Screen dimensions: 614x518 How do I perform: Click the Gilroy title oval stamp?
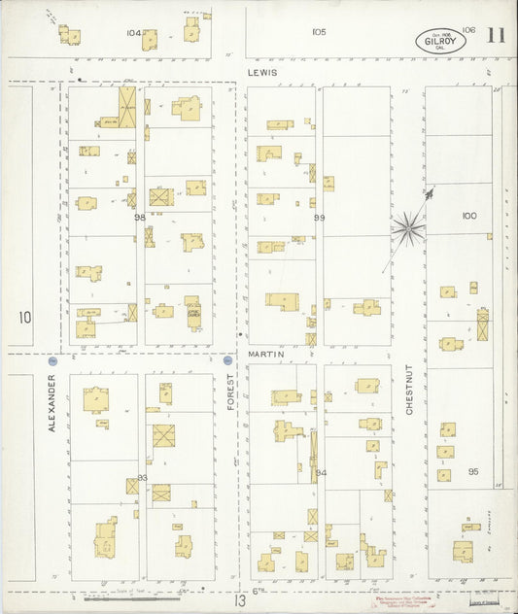coord(439,41)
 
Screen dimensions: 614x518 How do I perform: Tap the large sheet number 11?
coord(496,36)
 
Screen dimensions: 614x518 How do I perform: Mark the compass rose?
coord(410,229)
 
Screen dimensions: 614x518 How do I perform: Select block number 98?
coord(140,218)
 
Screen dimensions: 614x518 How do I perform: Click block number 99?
coord(319,218)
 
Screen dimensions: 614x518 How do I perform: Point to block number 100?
coord(470,216)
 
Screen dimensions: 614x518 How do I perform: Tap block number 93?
coord(142,477)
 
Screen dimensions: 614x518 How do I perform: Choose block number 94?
coord(322,473)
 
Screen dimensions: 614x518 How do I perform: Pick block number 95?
coord(472,471)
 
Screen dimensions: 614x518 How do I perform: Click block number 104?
coord(133,32)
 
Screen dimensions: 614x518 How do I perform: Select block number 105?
coord(319,32)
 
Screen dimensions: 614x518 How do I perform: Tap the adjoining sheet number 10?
coord(24,317)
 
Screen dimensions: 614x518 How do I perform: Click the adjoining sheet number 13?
coord(237,601)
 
